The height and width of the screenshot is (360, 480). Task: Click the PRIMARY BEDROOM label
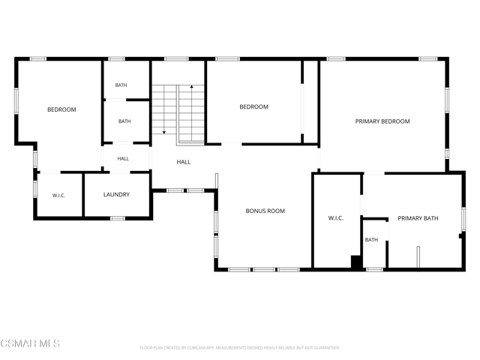pos(382,121)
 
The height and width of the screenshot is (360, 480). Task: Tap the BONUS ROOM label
pos(265,211)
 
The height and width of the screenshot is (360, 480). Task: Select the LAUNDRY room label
pos(116,195)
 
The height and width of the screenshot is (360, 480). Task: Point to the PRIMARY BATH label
pos(418,218)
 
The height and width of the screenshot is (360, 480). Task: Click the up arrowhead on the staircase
pos(192,87)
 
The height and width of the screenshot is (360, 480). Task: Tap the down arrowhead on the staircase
pos(164,132)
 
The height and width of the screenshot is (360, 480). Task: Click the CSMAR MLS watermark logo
pos(30,343)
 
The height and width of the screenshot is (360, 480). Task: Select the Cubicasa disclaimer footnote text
pos(240,348)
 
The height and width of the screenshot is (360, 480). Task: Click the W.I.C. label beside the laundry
pos(58,196)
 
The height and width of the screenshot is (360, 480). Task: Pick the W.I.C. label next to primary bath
pos(335,218)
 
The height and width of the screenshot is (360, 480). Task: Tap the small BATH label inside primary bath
pos(371,240)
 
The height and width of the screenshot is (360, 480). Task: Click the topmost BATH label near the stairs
pos(121,85)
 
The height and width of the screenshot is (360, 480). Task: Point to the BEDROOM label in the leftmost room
pos(61,109)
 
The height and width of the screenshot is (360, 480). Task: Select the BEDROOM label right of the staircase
pos(253,106)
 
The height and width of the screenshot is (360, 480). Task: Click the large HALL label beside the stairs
pos(183,162)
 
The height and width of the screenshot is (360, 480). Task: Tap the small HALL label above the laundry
pos(123,158)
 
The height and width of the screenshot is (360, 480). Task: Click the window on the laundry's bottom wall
pos(118,218)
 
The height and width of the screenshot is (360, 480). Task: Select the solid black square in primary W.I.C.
pos(356,262)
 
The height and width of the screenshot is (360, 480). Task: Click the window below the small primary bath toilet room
pos(375,270)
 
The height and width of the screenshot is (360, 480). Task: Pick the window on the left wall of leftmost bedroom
pos(16,101)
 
